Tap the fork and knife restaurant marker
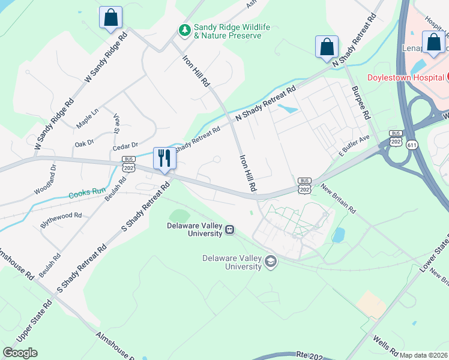pos(164,158)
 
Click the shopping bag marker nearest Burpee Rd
pos(327,47)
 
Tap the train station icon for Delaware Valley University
pos(229,229)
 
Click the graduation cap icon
pos(271,262)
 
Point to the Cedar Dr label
pos(125,146)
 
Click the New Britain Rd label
pos(338,199)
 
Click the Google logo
pos(20,352)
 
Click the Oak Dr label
pos(84,143)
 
